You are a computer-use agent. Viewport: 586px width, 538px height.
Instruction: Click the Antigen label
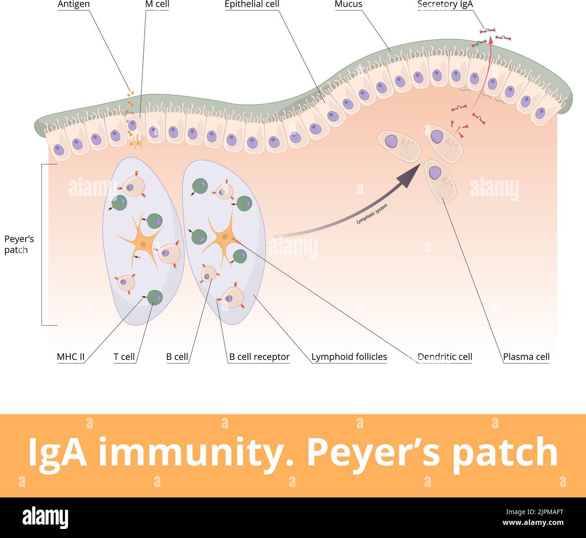click(73, 5)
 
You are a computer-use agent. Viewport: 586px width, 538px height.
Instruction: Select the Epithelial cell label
click(252, 5)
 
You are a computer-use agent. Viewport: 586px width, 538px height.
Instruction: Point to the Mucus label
click(348, 5)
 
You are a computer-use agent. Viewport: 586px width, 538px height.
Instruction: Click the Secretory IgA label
click(445, 5)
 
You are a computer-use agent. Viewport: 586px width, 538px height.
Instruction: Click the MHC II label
click(71, 357)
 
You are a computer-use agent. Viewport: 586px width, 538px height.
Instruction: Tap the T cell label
click(124, 357)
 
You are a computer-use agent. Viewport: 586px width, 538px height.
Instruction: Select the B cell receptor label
click(259, 357)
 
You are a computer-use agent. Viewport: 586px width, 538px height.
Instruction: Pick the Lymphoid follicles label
click(349, 357)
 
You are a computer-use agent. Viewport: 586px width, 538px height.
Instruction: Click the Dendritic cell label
click(445, 357)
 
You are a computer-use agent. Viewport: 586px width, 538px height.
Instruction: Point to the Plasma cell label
click(526, 357)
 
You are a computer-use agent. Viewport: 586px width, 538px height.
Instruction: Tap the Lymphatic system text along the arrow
click(372, 214)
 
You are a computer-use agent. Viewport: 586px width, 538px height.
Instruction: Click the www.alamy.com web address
click(533, 523)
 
